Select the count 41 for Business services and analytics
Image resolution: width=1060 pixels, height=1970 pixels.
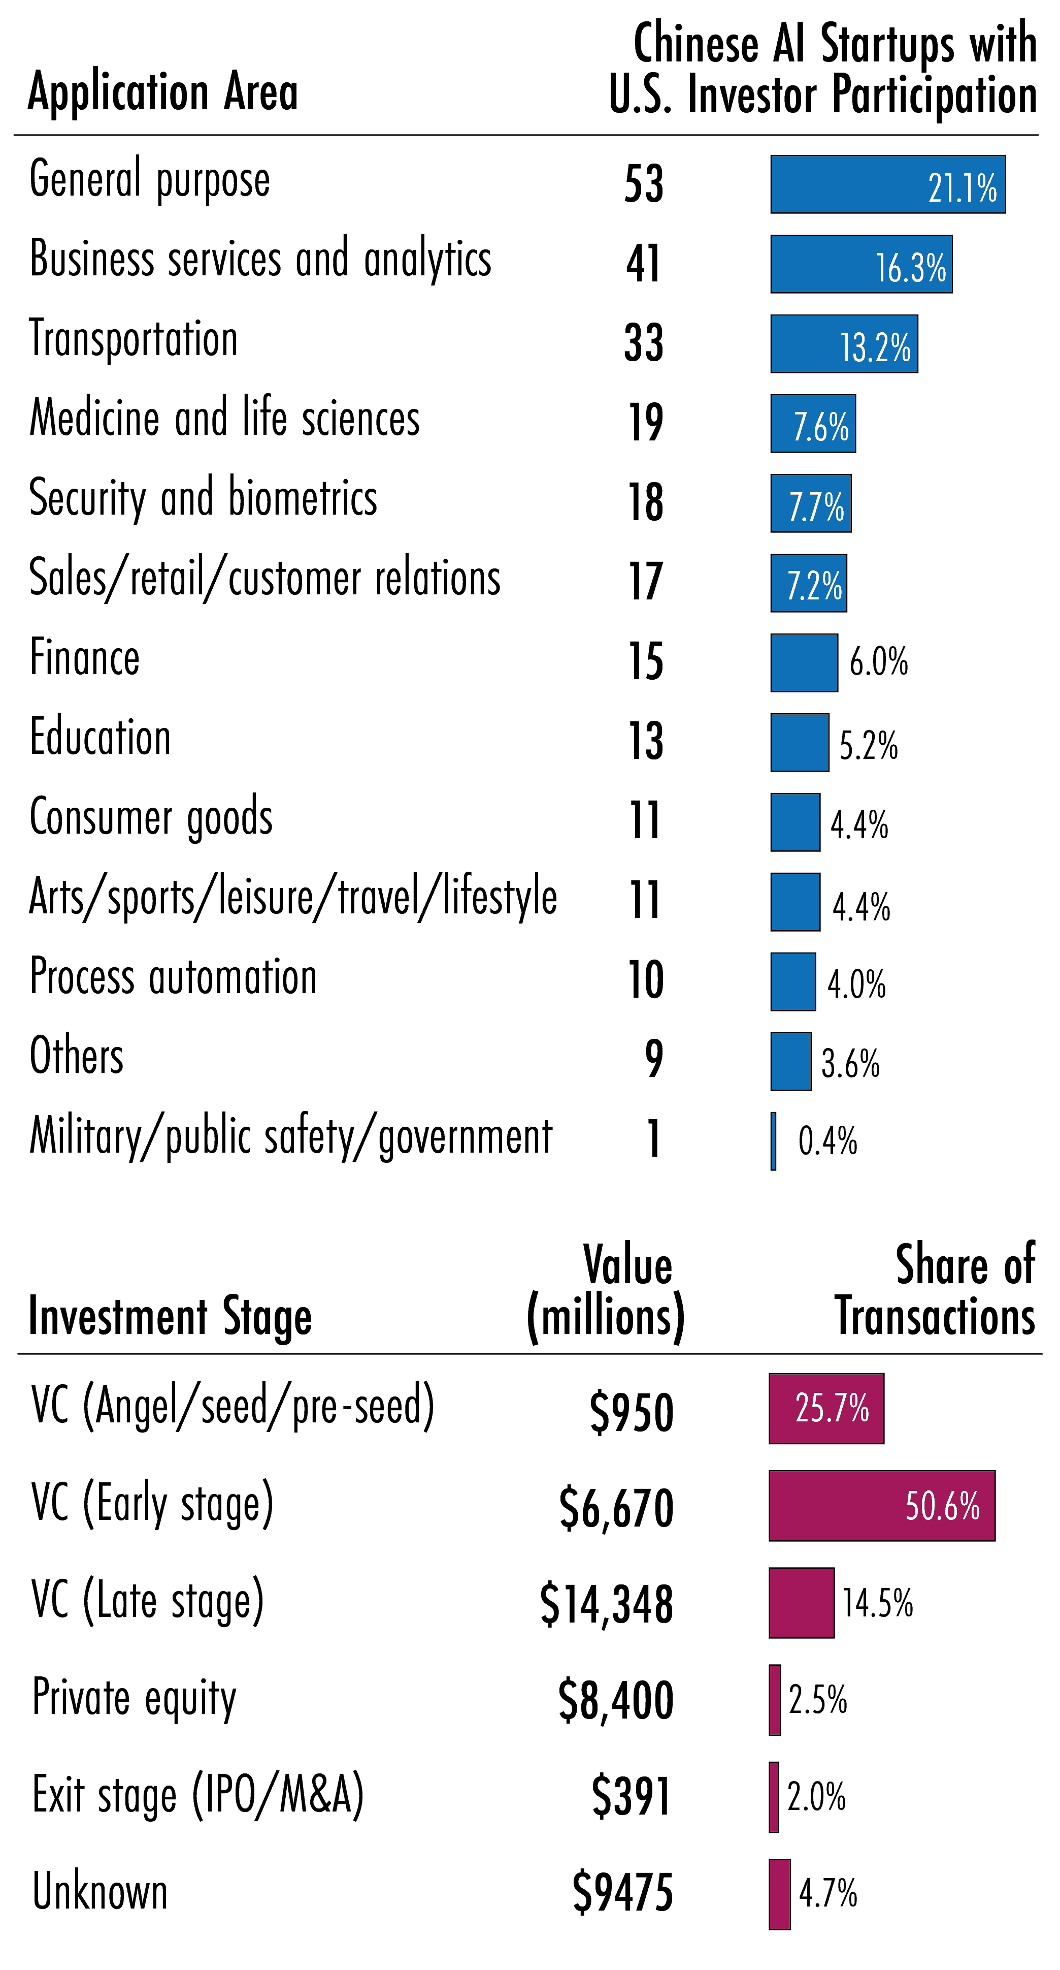(644, 264)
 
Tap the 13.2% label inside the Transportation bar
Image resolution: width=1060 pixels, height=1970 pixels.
(875, 347)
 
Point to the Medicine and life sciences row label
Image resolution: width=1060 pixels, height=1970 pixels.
(225, 418)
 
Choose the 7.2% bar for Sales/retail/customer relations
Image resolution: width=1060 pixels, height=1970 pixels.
(808, 583)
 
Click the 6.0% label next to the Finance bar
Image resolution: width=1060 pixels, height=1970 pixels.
(879, 661)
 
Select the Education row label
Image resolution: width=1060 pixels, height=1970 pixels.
(100, 738)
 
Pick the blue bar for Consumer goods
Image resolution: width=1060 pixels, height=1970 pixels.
(795, 822)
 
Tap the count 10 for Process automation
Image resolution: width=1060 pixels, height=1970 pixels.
(646, 979)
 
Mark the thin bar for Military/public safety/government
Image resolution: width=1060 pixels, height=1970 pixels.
(773, 1141)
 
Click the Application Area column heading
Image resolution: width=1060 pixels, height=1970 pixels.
(163, 92)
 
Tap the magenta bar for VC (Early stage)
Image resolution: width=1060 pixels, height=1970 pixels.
(881, 1505)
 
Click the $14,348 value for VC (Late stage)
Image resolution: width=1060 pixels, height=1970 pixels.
(606, 1604)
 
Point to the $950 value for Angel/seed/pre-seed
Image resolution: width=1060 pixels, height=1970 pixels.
(631, 1411)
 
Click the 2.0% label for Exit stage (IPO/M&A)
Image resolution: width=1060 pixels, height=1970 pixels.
(816, 1796)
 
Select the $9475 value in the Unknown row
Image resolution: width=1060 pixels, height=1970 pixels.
(623, 1893)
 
